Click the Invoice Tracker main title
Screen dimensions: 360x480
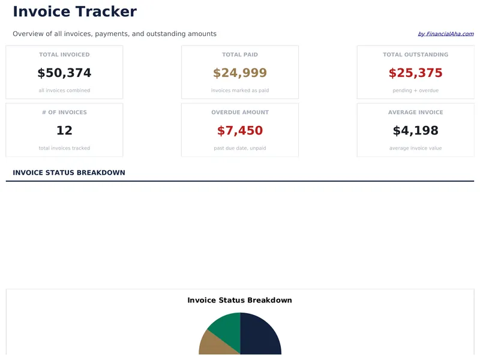[74, 11]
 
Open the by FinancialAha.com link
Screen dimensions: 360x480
[445, 34]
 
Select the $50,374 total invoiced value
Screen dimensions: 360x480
[64, 73]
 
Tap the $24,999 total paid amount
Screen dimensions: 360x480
[240, 73]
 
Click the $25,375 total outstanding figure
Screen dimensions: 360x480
[415, 73]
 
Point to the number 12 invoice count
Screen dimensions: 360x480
[64, 131]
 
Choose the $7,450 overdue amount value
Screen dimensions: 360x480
[240, 131]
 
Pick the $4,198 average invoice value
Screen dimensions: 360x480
[415, 131]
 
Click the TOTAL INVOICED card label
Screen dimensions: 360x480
[64, 55]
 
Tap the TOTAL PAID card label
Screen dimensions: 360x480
[240, 55]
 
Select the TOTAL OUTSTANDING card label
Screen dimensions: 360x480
[415, 55]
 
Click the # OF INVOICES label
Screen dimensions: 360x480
[64, 112]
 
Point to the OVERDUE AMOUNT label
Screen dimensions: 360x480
[240, 112]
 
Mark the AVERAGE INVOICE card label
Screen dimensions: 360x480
[415, 112]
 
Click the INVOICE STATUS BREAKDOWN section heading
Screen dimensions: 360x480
[69, 173]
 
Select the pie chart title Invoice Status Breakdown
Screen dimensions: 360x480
[239, 300]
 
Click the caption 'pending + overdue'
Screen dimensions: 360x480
[415, 91]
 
